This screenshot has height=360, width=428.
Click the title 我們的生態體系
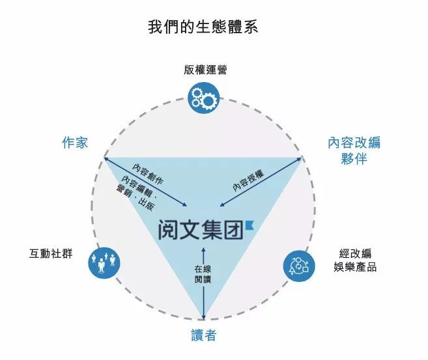pyautogui.click(x=205, y=28)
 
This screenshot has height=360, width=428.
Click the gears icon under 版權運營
pyautogui.click(x=205, y=98)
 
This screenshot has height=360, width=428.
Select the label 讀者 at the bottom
pyautogui.click(x=204, y=336)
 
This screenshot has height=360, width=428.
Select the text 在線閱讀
pyautogui.click(x=204, y=274)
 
